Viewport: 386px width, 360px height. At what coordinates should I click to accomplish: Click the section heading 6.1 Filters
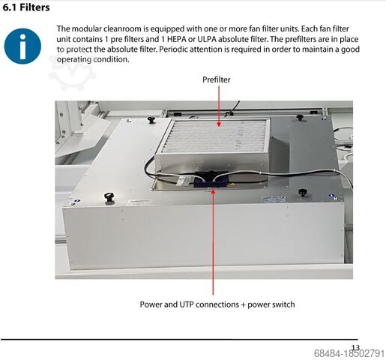coord(26,7)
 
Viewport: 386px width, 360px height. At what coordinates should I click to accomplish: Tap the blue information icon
coord(22,46)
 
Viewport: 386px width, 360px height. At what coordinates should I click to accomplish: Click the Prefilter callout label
coord(217,79)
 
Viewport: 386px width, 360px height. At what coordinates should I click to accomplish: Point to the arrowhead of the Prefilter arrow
coord(219,124)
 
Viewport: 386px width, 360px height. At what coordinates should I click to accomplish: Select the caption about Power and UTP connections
coord(217,304)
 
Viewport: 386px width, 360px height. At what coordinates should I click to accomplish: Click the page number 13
coord(355,348)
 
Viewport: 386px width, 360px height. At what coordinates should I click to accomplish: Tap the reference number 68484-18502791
coord(349,354)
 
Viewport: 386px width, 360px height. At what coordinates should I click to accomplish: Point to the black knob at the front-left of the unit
coord(109,197)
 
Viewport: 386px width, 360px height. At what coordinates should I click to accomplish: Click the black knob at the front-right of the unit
coord(303,193)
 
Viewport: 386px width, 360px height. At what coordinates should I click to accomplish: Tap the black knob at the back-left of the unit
coord(151,119)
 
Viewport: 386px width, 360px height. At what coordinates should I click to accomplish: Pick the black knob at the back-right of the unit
coord(300,117)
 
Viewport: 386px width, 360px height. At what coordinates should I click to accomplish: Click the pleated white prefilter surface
coord(214,136)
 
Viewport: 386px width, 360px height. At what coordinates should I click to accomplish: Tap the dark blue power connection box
coord(211,180)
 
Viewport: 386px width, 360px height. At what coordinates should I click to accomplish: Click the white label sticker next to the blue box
coord(184,180)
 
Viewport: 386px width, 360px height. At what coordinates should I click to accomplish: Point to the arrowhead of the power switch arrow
coord(213,191)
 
